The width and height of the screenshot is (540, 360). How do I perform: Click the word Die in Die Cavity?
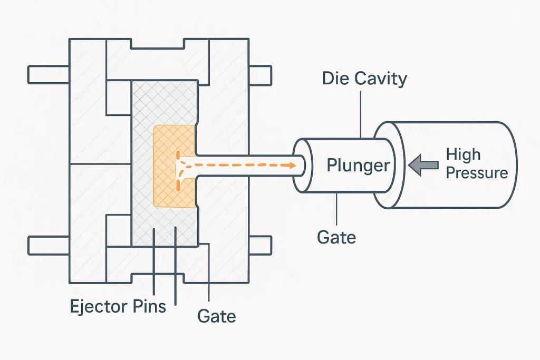coord(334,79)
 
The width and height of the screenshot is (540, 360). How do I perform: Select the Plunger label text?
coord(358,166)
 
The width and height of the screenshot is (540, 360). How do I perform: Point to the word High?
coord(463,155)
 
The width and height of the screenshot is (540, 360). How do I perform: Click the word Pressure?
coord(477,173)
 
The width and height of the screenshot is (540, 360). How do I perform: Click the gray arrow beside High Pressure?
coord(423,164)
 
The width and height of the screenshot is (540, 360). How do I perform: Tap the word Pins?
coord(150,306)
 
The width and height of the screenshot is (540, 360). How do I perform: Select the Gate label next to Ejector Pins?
coord(216,316)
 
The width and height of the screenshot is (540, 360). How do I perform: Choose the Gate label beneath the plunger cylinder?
coord(336,237)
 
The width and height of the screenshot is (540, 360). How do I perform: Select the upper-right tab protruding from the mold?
coord(260,74)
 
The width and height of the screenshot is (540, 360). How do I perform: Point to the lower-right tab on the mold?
coord(260,245)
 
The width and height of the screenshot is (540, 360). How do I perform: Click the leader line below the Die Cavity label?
coord(361,113)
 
